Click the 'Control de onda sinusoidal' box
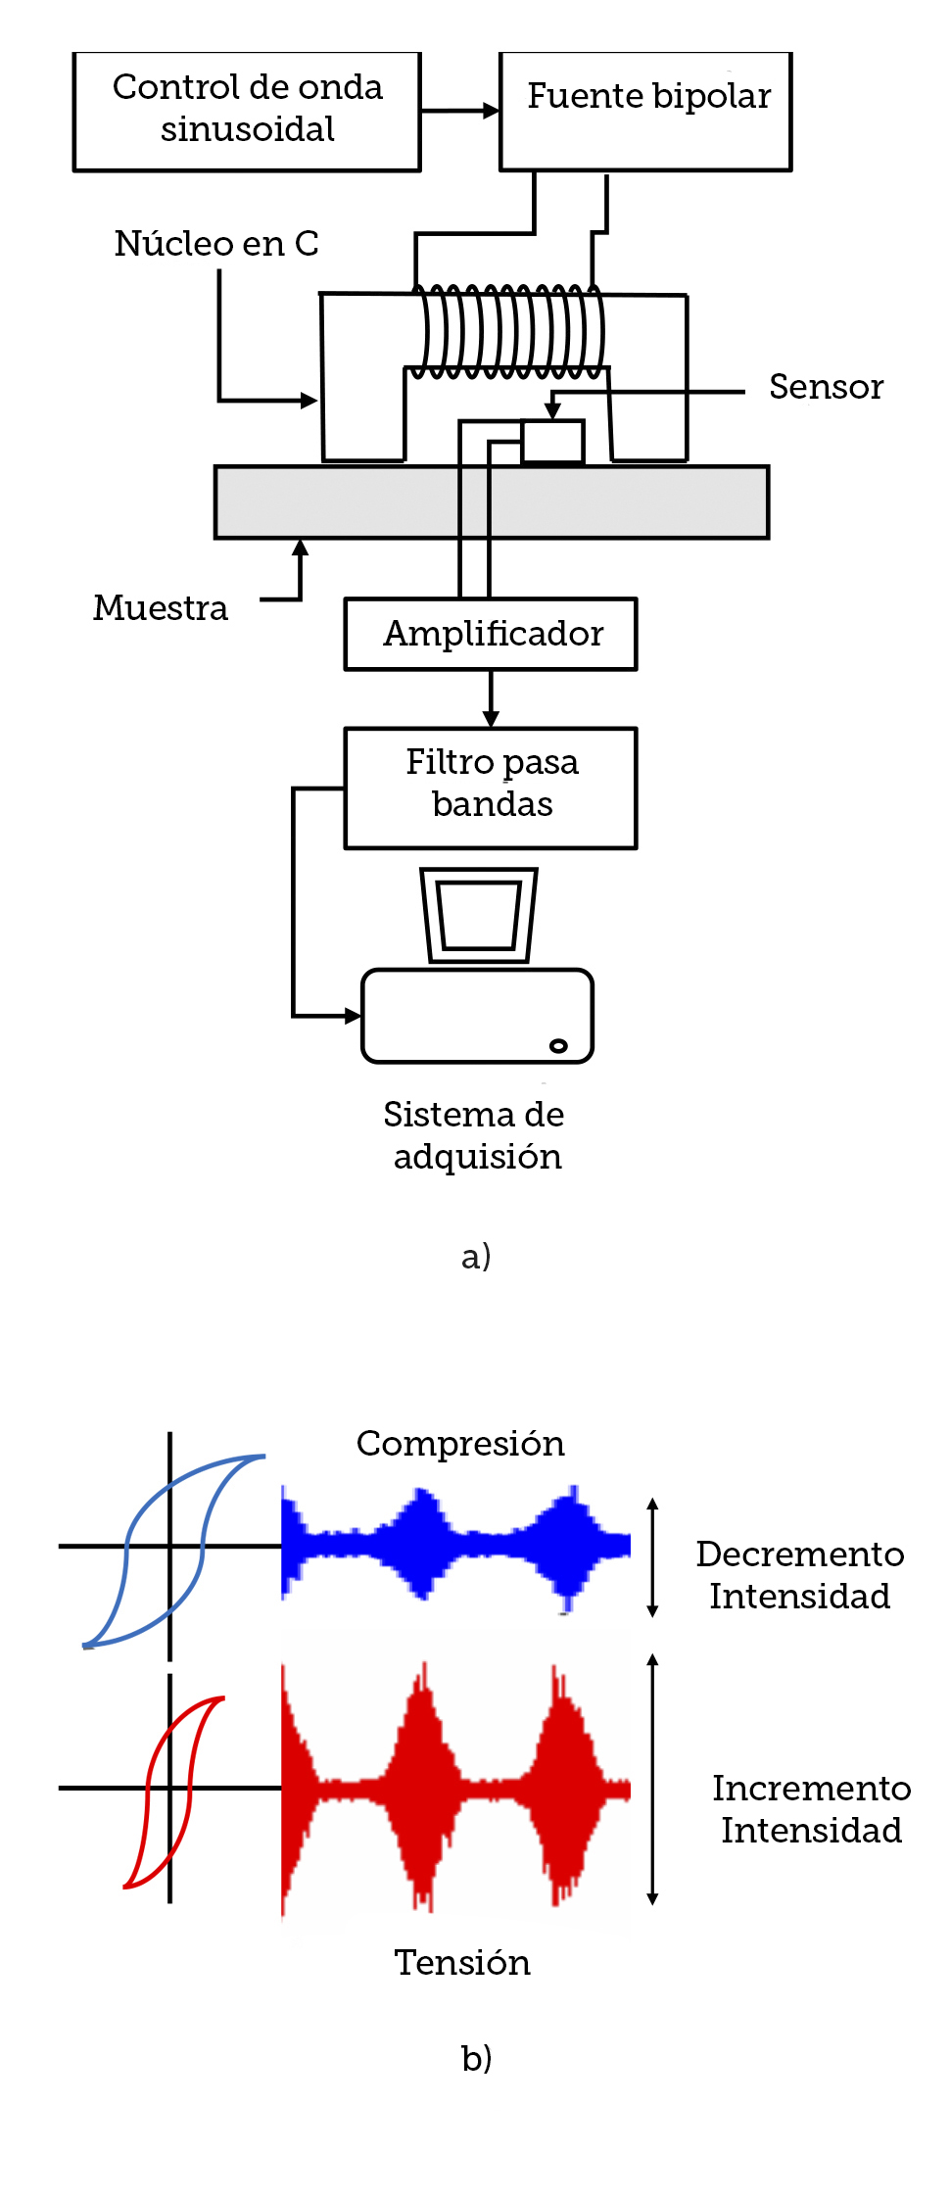(x=247, y=111)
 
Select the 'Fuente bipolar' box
(x=645, y=111)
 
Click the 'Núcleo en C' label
(x=216, y=244)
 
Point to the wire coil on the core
(x=507, y=331)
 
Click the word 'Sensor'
(x=826, y=387)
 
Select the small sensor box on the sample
(x=553, y=441)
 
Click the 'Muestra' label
(x=161, y=608)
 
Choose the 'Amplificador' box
(x=491, y=634)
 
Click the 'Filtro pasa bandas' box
(x=491, y=787)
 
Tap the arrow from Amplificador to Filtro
(x=491, y=700)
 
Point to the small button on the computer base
(x=558, y=1045)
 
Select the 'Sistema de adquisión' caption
(x=475, y=1135)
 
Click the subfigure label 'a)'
(x=476, y=1256)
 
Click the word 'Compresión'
(x=460, y=1444)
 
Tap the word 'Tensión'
(x=462, y=1963)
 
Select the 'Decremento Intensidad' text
(x=799, y=1575)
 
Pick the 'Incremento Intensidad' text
(x=811, y=1809)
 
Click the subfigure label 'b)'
(x=476, y=2059)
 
